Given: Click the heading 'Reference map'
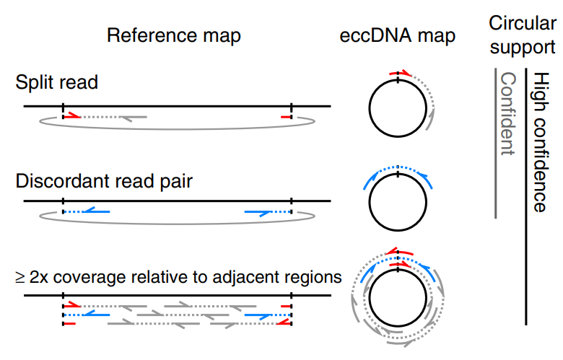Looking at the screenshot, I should (173, 36).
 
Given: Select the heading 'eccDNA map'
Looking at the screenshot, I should (398, 36).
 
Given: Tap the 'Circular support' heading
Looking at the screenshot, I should (522, 35).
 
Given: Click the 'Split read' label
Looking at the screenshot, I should (56, 83).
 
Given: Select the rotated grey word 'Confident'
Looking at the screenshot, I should (508, 114).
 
